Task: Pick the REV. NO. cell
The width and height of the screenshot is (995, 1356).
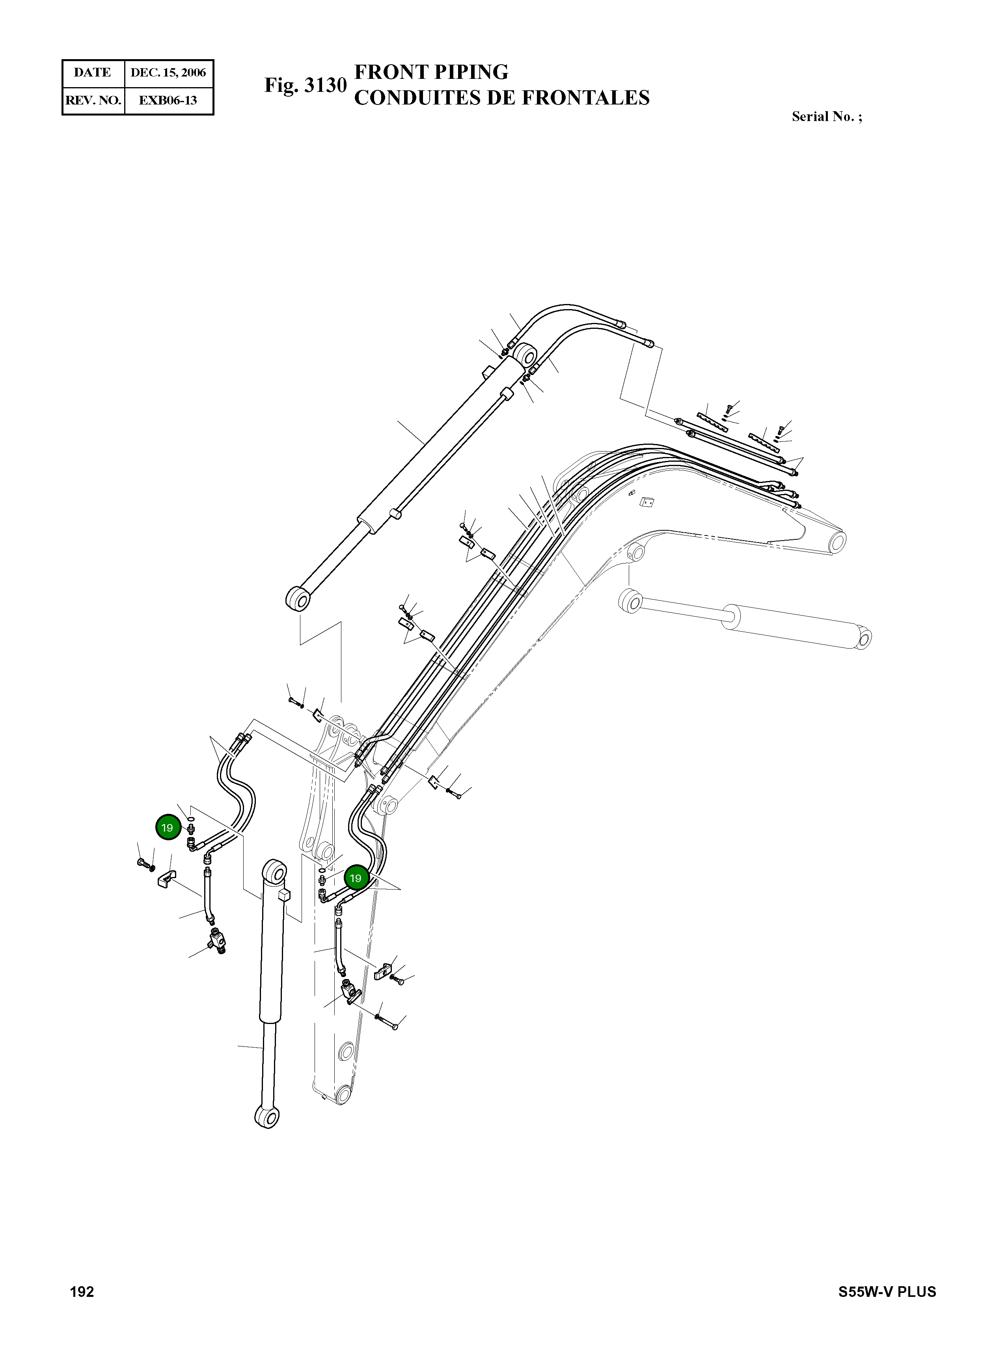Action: (x=93, y=100)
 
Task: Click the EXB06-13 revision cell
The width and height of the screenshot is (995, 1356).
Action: (x=169, y=100)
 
